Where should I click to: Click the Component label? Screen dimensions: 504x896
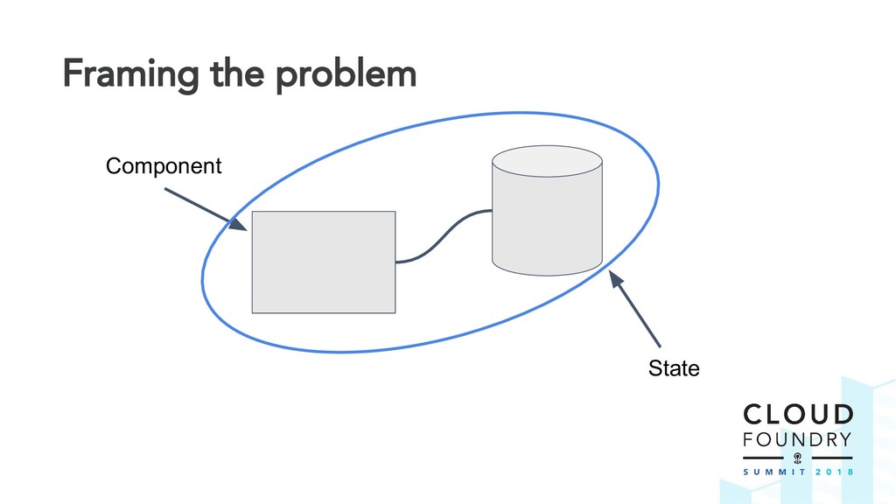[164, 166]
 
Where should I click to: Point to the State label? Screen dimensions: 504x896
[674, 369]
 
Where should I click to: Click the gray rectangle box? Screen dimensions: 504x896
[323, 262]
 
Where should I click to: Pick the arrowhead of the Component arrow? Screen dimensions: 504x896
[237, 225]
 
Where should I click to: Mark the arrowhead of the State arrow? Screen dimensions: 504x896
[614, 281]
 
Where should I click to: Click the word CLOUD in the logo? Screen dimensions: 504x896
[797, 415]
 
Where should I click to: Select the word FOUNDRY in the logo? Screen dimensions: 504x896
[797, 439]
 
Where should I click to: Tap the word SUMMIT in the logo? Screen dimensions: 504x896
[771, 470]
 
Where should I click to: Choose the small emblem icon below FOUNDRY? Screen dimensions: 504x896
[797, 458]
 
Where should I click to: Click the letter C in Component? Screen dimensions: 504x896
[112, 166]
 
